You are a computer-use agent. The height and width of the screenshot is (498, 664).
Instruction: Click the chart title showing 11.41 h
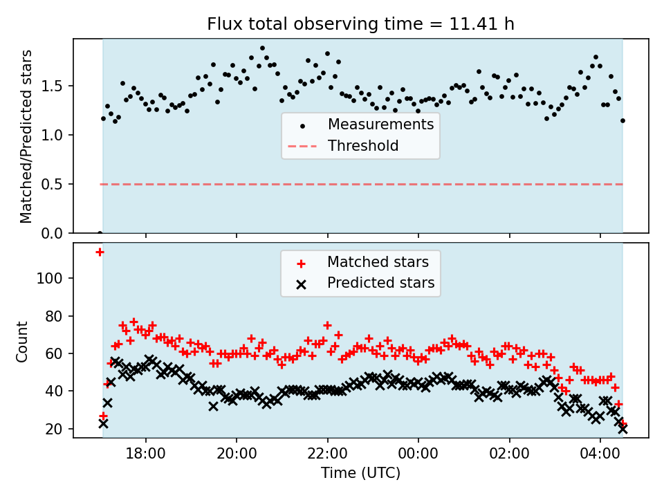[x=360, y=24]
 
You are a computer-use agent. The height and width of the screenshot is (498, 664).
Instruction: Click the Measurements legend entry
[x=380, y=124]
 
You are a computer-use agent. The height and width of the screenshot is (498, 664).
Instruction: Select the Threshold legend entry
[x=363, y=146]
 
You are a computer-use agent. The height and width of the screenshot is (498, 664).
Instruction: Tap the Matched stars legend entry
[x=378, y=262]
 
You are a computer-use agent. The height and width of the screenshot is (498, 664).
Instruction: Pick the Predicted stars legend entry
[x=380, y=283]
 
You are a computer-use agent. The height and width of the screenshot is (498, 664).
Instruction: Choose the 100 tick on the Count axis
[x=54, y=278]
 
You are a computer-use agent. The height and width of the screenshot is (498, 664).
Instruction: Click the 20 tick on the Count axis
[x=57, y=429]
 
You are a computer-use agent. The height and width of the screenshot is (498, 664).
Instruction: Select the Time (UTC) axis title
[x=360, y=473]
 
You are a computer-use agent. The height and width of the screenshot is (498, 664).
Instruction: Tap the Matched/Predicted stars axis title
[x=26, y=136]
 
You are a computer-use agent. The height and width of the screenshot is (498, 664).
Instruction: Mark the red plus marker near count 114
[x=100, y=252]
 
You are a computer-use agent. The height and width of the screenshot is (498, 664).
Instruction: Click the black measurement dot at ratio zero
[x=100, y=233]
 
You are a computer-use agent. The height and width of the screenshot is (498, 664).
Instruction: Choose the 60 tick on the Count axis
[x=57, y=353]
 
